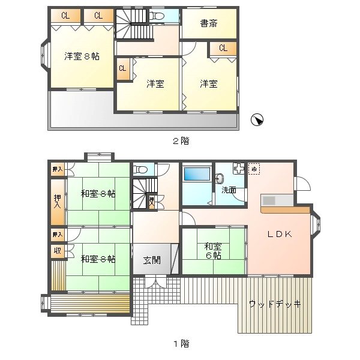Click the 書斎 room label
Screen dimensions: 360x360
point(208,24)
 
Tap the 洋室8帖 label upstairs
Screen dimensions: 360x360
point(82,56)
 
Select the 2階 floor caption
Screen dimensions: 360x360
point(181,141)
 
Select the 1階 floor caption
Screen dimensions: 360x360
point(181,344)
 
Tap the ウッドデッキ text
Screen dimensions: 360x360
point(275,304)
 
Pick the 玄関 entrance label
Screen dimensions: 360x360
point(151,260)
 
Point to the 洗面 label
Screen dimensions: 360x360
point(229,190)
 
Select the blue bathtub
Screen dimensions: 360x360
point(196,175)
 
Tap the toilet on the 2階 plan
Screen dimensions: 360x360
point(157,17)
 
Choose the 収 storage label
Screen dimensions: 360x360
point(58,251)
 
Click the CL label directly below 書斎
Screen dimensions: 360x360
point(223,48)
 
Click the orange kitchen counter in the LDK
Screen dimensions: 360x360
point(285,209)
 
